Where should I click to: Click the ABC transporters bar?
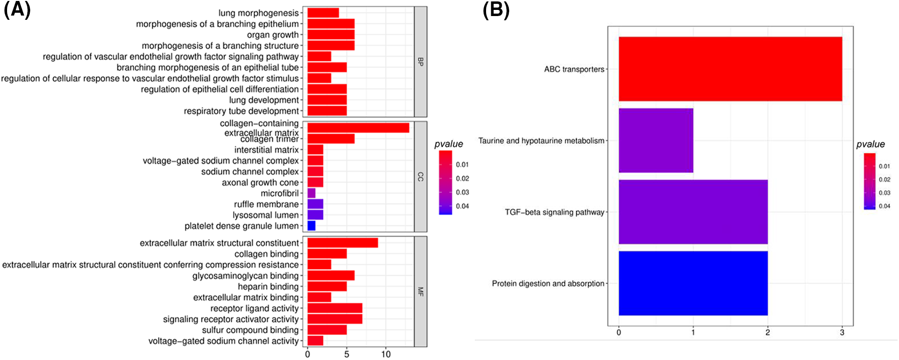[730, 69]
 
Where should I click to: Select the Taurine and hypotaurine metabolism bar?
[656, 141]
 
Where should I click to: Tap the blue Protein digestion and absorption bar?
[693, 283]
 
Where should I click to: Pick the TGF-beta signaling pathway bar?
[693, 212]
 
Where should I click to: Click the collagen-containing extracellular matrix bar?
[358, 127]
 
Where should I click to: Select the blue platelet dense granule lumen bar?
[311, 226]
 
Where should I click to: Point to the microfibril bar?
[311, 193]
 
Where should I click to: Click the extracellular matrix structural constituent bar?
[343, 243]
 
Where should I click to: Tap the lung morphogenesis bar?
[323, 13]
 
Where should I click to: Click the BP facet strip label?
[420, 61]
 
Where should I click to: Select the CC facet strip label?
[420, 176]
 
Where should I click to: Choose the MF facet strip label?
[420, 292]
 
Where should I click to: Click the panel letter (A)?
[17, 9]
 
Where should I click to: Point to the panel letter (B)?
[496, 9]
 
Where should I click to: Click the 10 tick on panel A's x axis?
[386, 354]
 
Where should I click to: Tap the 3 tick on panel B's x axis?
[842, 333]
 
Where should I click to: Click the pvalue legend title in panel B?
[870, 144]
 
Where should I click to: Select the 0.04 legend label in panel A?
[462, 206]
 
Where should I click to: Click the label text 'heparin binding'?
[268, 286]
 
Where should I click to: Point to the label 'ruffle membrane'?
[266, 204]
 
